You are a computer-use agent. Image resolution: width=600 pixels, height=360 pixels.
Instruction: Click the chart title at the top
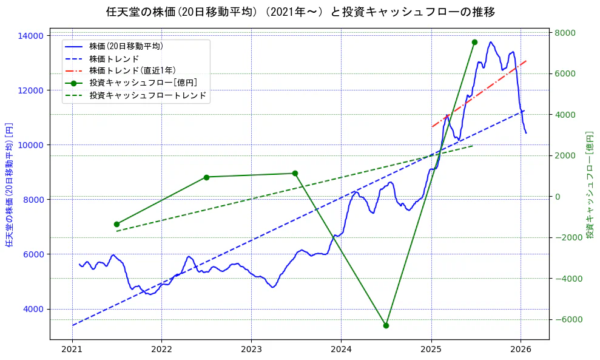pos(300,12)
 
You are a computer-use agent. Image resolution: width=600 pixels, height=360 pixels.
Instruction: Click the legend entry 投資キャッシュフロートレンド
pos(147,95)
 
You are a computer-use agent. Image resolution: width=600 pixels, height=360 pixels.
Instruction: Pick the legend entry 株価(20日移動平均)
pos(126,46)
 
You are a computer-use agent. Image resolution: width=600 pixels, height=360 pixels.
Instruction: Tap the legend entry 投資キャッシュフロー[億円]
pos(143,83)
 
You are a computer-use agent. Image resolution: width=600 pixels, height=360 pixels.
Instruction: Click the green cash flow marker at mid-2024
pos(386,325)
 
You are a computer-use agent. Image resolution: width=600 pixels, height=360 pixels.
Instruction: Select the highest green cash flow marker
pos(474,42)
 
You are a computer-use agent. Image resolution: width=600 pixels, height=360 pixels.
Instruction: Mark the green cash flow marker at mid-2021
pos(116,224)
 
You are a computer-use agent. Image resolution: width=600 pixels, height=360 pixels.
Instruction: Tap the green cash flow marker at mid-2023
pos(295,173)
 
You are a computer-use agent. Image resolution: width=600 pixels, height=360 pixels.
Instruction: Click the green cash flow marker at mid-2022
pos(206,177)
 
